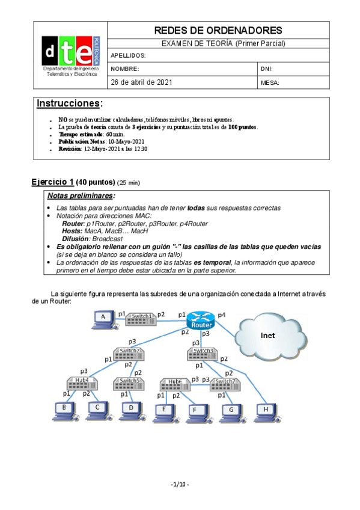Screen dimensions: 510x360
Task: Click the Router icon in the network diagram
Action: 200,320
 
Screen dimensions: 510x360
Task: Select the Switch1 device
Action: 141,318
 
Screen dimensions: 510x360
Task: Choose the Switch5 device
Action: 128,382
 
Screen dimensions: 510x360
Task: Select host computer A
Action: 104,318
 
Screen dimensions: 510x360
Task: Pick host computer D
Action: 130,410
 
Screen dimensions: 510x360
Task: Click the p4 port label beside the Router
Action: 222,315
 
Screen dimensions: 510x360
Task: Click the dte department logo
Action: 70,55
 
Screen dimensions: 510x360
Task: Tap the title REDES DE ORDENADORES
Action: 218,30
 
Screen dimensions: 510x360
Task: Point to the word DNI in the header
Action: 267,69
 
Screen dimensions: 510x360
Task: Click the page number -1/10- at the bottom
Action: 180,484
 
